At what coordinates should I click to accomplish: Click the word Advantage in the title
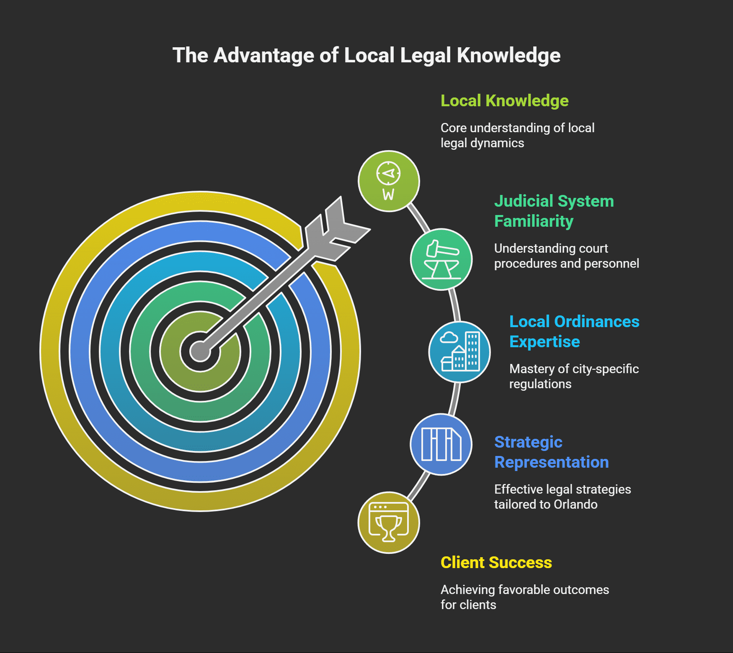tap(263, 55)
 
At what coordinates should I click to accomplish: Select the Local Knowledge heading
tap(504, 101)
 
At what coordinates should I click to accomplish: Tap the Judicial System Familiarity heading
tap(554, 211)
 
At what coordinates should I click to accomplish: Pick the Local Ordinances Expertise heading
tap(574, 331)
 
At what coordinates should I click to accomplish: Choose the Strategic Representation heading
tap(551, 452)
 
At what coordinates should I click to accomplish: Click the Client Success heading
tap(496, 563)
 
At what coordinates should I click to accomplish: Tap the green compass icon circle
tap(389, 181)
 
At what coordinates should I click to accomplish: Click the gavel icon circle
tap(441, 259)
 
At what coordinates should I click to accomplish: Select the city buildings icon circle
tap(459, 352)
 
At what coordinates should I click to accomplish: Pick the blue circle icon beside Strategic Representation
tap(441, 444)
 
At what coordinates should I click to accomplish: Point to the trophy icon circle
tap(389, 522)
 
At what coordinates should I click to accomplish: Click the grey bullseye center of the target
tap(200, 351)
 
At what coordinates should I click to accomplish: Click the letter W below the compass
tap(388, 195)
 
